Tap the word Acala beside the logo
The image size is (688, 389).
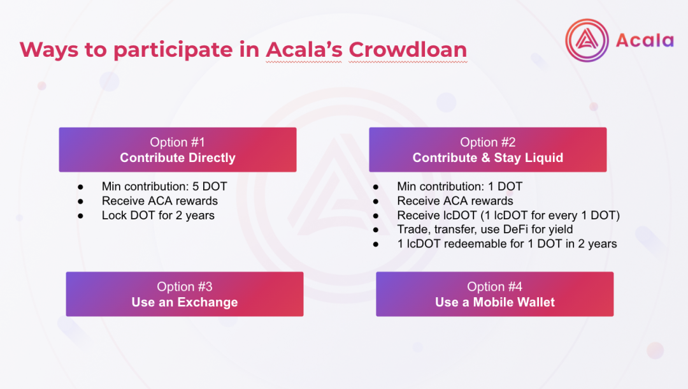(x=645, y=40)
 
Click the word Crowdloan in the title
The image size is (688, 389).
(x=408, y=49)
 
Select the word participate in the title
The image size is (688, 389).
(x=173, y=50)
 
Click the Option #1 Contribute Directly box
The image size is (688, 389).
(x=178, y=150)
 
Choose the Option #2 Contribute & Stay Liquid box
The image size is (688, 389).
(x=488, y=150)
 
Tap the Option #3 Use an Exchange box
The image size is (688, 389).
(x=185, y=294)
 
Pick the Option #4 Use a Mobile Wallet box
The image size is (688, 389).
(x=495, y=294)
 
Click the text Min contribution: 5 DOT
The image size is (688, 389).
(x=164, y=186)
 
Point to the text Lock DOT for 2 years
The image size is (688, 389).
(x=158, y=215)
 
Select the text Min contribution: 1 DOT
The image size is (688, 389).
(x=460, y=186)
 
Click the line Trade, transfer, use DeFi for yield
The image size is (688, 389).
(x=485, y=229)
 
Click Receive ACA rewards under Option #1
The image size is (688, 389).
(x=160, y=201)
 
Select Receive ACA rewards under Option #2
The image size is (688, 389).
(x=455, y=201)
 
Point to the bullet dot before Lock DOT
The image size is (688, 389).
(x=80, y=216)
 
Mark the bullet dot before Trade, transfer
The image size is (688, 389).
(x=376, y=230)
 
